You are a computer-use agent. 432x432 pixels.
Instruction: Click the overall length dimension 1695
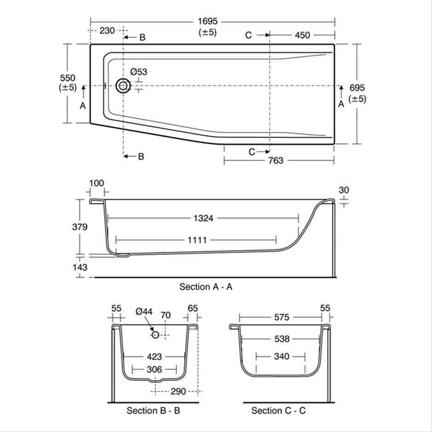pos(208,22)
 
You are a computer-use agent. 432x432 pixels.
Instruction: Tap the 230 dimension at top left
pos(107,31)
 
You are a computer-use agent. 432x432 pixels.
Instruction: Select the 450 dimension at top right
pos(302,35)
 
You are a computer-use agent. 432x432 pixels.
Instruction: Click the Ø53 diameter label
pos(138,72)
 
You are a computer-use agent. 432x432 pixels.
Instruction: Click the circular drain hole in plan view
pos(123,85)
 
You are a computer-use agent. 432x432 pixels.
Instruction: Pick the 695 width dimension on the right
pos(357,88)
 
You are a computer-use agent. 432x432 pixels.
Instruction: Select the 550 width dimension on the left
pos(67,78)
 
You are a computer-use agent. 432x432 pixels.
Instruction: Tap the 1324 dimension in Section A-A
pos(203,219)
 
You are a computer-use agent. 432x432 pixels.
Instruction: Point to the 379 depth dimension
pos(80,227)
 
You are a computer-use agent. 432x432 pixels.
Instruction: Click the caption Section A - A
pos(206,287)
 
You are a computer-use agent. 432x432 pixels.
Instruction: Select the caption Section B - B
pos(153,410)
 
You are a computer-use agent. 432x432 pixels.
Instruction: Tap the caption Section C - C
pos(279,410)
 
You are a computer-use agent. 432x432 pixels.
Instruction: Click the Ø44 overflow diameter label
pos(144,311)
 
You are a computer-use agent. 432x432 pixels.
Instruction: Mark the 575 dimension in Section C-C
pos(281,317)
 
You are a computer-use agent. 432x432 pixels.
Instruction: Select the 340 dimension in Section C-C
pos(281,357)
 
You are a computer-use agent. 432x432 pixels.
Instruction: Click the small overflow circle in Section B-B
pos(155,335)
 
